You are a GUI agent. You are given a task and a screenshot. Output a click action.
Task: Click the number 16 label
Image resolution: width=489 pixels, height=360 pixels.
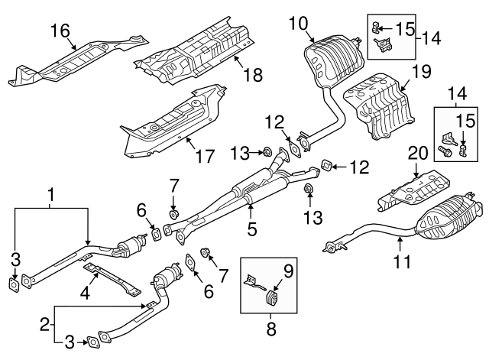click(x=60, y=31)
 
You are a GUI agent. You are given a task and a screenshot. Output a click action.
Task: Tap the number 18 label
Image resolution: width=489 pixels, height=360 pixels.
click(x=253, y=75)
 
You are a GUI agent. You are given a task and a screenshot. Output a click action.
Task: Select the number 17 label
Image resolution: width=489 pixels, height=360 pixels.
click(x=206, y=156)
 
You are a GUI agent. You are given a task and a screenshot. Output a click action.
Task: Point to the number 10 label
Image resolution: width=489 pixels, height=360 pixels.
click(x=299, y=24)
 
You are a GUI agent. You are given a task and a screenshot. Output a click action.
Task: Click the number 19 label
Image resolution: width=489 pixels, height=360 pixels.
click(x=422, y=71)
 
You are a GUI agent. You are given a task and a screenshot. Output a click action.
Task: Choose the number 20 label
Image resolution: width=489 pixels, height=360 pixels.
click(x=418, y=153)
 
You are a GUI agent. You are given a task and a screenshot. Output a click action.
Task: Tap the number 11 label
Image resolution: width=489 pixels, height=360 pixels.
click(x=403, y=261)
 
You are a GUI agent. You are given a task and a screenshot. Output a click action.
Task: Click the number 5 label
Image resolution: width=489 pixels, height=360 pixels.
click(x=252, y=229)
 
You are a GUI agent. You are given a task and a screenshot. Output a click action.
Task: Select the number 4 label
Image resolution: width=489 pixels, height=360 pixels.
click(x=85, y=294)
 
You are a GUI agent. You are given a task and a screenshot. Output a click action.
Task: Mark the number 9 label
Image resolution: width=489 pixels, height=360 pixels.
click(x=289, y=271)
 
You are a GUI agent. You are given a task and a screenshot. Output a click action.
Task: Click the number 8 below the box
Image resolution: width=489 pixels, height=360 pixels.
click(x=271, y=329)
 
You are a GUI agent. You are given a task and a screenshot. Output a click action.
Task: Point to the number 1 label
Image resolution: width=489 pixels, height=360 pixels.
click(x=51, y=194)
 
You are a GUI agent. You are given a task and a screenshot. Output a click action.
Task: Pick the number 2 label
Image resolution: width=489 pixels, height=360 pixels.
click(x=45, y=325)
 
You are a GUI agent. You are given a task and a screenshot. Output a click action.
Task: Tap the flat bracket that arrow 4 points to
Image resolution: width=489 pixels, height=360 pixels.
click(x=112, y=278)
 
